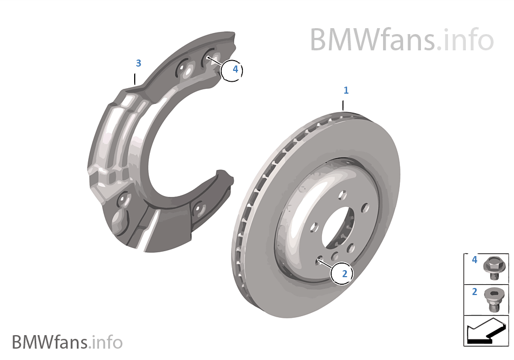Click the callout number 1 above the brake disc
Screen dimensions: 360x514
346,90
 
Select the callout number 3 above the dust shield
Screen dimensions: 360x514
139,63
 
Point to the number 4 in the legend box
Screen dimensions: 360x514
475,260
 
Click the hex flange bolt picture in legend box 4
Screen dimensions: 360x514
493,267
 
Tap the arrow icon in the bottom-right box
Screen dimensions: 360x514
485,330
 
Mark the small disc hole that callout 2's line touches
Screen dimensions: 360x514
319,260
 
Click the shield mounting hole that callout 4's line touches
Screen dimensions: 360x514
209,57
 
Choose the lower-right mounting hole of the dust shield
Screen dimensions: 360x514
197,208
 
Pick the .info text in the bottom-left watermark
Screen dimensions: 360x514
107,342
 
